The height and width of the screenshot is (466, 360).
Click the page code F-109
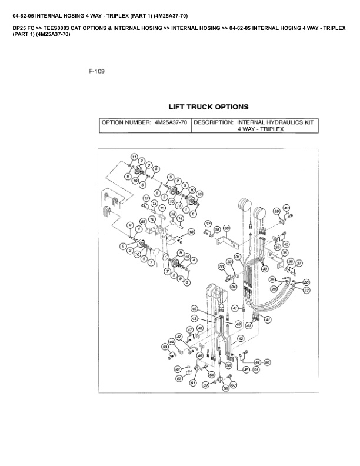coord(96,72)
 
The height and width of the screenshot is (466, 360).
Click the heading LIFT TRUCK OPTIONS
coord(208,107)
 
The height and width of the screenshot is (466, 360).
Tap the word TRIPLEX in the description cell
coord(271,130)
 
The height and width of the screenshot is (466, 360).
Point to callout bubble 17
coord(146,198)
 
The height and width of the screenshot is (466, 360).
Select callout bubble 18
coord(191,232)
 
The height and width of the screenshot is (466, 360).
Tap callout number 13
coord(155,204)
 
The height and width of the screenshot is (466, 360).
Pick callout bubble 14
coord(180,218)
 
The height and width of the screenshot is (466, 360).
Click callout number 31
coord(238,257)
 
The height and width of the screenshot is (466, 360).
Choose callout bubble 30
coord(265,269)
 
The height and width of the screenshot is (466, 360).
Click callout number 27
coord(306,291)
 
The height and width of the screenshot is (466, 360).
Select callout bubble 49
coord(194,308)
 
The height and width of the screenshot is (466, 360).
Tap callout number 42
coord(241,339)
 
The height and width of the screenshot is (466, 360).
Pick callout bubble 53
coord(165,347)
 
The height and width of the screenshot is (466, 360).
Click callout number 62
coord(179,378)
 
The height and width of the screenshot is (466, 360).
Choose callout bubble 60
coord(234,385)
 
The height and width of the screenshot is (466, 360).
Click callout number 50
coord(266,362)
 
